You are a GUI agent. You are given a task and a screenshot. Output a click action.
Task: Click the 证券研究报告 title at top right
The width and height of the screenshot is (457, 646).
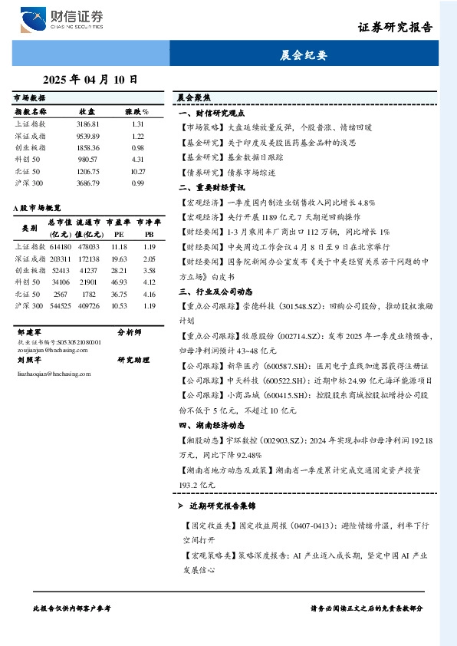coord(395,27)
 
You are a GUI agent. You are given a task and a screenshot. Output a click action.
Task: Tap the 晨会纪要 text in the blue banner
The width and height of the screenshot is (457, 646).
coord(304,55)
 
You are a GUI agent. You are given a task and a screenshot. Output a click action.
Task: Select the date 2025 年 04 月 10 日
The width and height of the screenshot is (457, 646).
coord(90,79)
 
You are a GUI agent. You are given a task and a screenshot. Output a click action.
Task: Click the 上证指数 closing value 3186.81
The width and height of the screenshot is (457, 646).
coord(88,124)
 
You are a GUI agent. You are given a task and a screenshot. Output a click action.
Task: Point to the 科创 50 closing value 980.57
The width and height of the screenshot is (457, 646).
coord(88,159)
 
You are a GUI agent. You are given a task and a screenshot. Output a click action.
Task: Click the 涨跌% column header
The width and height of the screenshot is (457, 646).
coord(137,111)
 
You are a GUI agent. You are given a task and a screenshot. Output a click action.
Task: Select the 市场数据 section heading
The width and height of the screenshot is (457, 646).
coord(30,98)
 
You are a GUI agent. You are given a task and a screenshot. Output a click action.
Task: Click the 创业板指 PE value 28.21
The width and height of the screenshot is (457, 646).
coord(119,271)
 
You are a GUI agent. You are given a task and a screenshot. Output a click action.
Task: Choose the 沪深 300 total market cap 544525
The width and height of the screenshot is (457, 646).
coord(60,305)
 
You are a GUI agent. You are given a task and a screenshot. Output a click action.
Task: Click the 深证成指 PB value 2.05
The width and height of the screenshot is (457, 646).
coord(150,259)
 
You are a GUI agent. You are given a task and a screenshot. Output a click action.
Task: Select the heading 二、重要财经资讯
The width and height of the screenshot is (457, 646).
coord(212,187)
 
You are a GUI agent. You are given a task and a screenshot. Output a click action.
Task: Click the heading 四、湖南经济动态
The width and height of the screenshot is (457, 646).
coord(212,425)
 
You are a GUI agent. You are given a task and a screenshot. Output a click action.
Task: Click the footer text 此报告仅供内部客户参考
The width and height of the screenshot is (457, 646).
coord(73,608)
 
